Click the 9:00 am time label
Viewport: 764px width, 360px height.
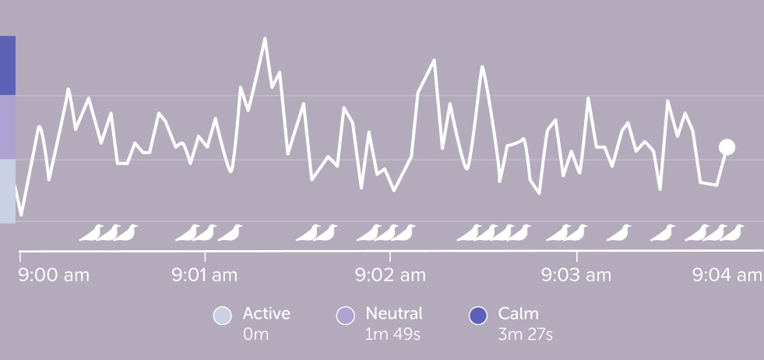[x=55, y=275]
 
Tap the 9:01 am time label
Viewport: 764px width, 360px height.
[x=205, y=275]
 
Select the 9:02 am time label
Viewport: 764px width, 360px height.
[x=391, y=275]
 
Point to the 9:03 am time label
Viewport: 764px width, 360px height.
[x=576, y=275]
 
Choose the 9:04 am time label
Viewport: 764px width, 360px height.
[x=728, y=275]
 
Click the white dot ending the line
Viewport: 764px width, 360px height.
[x=727, y=147]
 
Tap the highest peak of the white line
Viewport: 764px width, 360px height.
[x=265, y=38]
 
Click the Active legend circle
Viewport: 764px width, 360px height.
[x=222, y=316]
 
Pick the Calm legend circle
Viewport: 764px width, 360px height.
[x=477, y=316]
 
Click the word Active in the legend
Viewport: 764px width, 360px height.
[x=266, y=314]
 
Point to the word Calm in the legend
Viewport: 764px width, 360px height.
[x=519, y=314]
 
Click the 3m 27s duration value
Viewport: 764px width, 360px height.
[x=525, y=335]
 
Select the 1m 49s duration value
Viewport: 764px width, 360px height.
[x=393, y=335]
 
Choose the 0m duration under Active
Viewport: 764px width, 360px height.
[x=255, y=335]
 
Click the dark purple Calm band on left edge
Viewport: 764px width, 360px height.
[x=8, y=65]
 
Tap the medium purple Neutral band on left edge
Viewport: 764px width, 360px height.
[x=8, y=127]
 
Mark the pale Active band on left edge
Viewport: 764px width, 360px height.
[x=8, y=191]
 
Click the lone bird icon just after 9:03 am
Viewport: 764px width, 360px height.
[x=620, y=232]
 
